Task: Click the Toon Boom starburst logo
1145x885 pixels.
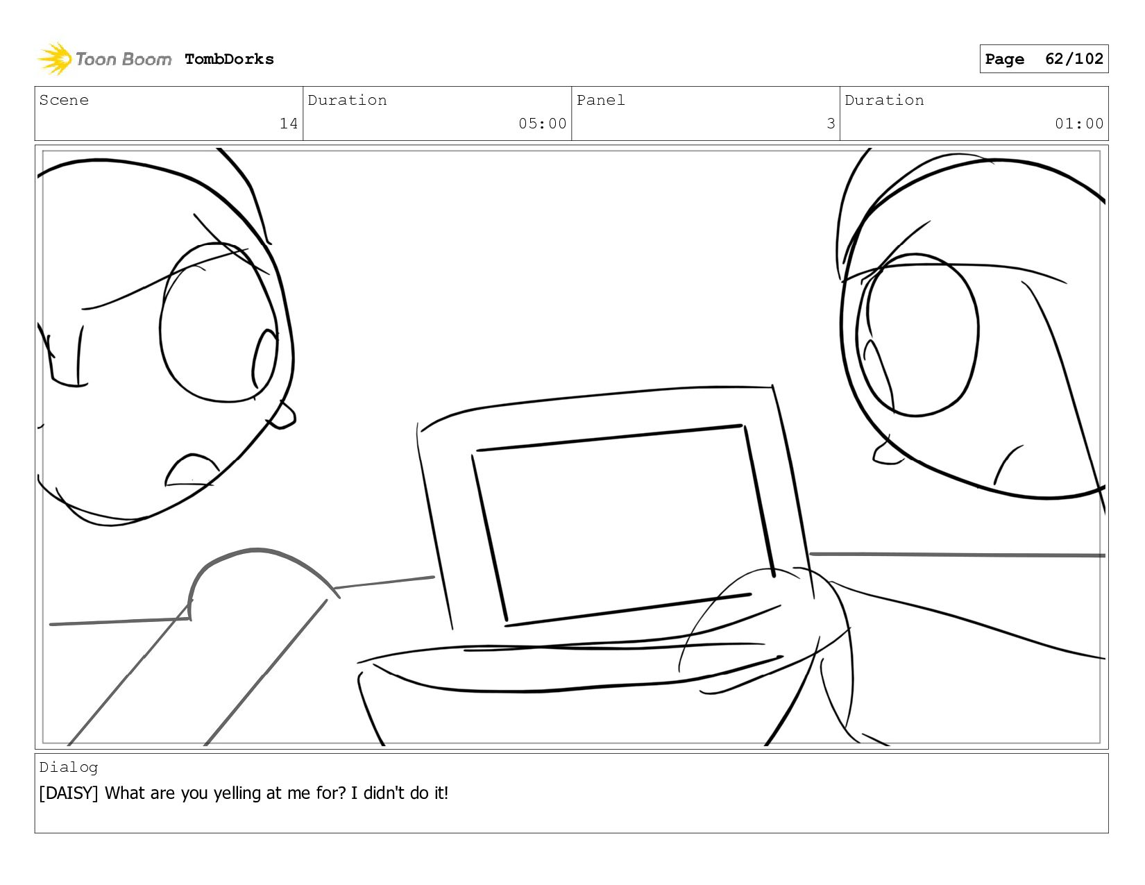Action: point(54,58)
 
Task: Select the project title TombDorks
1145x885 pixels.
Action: point(229,59)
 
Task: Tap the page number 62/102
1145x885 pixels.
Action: point(1074,58)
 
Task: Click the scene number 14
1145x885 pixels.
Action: point(289,124)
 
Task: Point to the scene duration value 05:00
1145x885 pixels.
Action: point(542,124)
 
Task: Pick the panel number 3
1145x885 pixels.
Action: point(831,124)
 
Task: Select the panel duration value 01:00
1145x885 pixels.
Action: point(1078,124)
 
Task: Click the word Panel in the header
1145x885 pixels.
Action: point(600,100)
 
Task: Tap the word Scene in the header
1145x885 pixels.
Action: point(64,100)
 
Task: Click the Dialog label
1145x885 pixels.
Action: point(69,768)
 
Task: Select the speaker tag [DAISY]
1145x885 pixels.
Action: point(69,793)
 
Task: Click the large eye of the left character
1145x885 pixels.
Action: point(219,323)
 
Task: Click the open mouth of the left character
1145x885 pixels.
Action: point(192,470)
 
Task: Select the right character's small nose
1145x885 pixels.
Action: point(885,453)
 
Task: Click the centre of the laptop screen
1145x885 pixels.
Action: point(623,525)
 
